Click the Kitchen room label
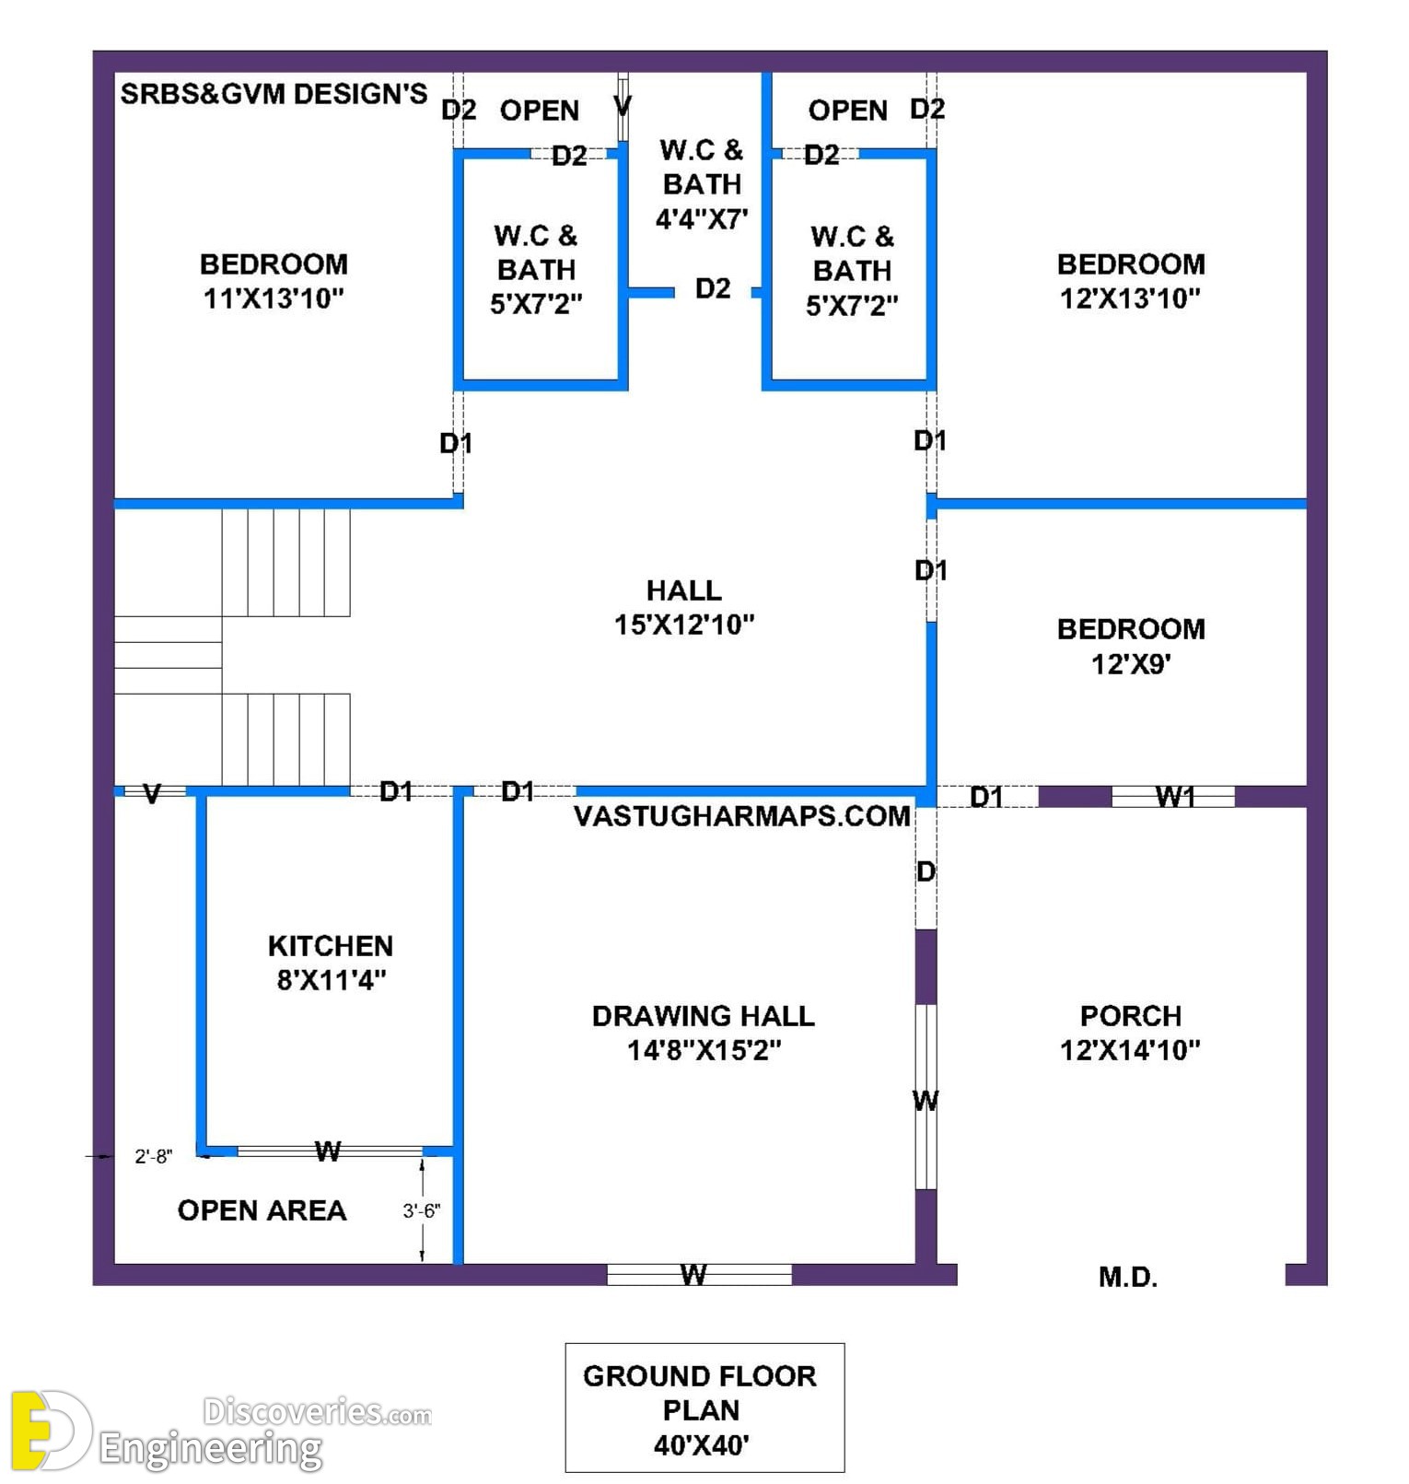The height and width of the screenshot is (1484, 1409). tap(331, 946)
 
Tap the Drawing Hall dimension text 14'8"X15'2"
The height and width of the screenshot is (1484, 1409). tap(704, 1050)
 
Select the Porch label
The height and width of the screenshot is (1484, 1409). tap(1131, 1016)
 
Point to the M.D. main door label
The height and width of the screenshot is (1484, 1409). tap(1128, 1277)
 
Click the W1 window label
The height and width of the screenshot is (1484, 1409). tap(1175, 797)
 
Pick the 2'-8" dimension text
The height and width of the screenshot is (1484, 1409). tap(153, 1156)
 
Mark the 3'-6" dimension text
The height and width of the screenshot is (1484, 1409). tap(422, 1210)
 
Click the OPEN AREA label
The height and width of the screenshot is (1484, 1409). tap(262, 1210)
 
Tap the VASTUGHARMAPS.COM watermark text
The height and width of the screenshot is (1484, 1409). tap(742, 816)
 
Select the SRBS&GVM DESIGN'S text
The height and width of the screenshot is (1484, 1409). tap(274, 94)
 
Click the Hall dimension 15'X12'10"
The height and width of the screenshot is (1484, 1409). tap(684, 625)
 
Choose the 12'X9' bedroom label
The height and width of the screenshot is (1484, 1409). tap(1131, 664)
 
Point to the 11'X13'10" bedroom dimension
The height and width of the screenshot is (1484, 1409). tap(274, 298)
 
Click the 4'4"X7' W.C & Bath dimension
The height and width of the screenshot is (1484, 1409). tap(702, 219)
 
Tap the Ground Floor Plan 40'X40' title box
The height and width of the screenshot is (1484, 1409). tap(704, 1408)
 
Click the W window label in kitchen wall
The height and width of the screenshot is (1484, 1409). tap(328, 1151)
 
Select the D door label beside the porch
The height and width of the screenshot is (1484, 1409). tap(926, 871)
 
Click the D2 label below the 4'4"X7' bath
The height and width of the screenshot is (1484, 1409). tap(713, 289)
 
